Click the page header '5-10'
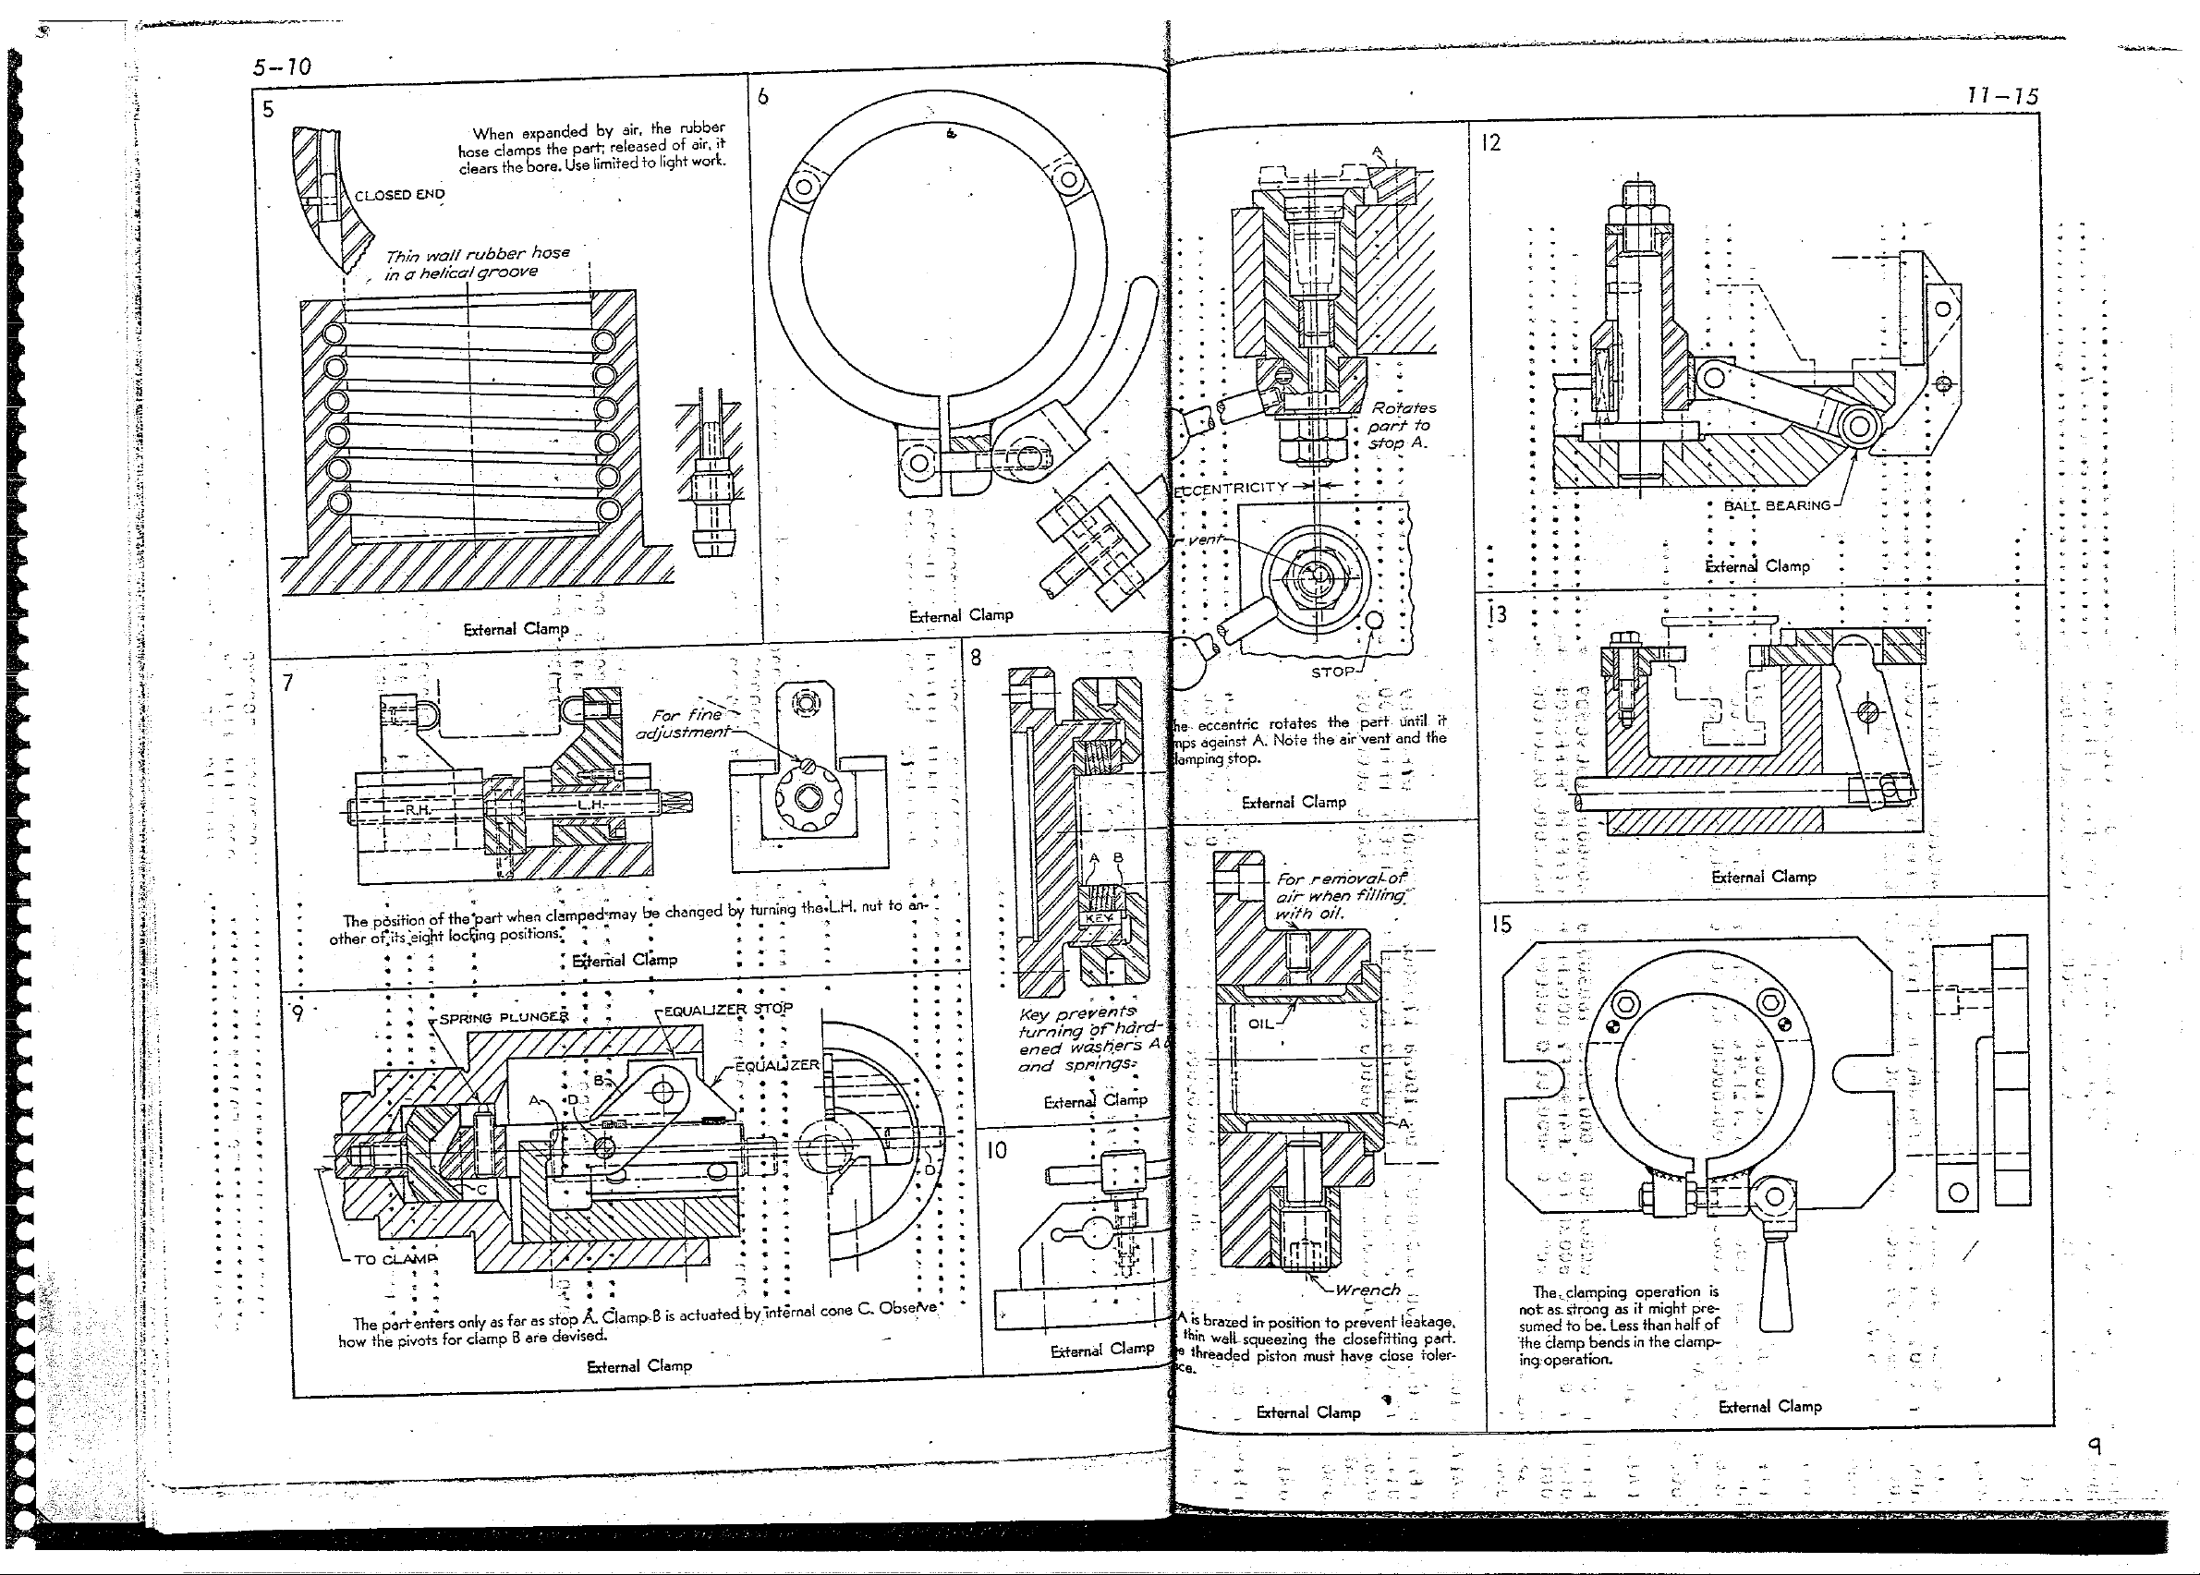pyautogui.click(x=281, y=67)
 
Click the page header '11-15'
pyautogui.click(x=2002, y=96)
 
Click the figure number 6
pyautogui.click(x=763, y=96)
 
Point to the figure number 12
pyautogui.click(x=1491, y=143)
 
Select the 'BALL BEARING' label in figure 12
pyautogui.click(x=1776, y=505)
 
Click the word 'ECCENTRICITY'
pyautogui.click(x=1231, y=487)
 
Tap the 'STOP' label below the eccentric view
pyautogui.click(x=1331, y=672)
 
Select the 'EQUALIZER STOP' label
pyautogui.click(x=727, y=1009)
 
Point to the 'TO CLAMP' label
pyautogui.click(x=395, y=1259)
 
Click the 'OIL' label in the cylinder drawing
pyautogui.click(x=1260, y=1024)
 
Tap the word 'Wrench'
pyautogui.click(x=1367, y=1290)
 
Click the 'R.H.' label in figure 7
pyautogui.click(x=418, y=809)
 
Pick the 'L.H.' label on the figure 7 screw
pyautogui.click(x=590, y=805)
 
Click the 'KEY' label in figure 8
pyautogui.click(x=1099, y=917)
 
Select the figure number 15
pyautogui.click(x=1501, y=925)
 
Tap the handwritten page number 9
pyautogui.click(x=2095, y=1446)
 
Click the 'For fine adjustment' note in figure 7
pyautogui.click(x=683, y=723)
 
